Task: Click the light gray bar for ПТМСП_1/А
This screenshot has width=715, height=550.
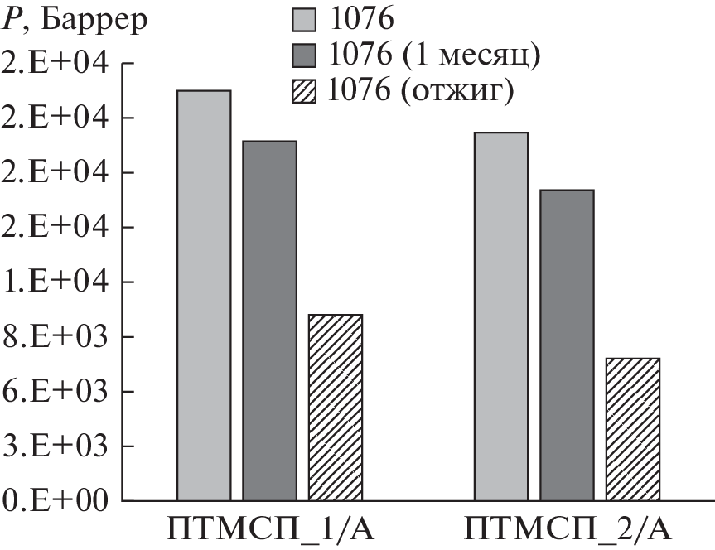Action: (x=204, y=296)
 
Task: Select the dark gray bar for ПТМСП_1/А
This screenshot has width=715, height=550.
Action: (x=270, y=321)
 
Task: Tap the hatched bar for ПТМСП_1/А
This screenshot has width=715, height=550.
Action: (x=336, y=408)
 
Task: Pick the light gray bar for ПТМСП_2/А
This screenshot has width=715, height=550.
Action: (x=501, y=316)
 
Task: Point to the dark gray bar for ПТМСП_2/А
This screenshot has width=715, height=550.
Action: (x=567, y=345)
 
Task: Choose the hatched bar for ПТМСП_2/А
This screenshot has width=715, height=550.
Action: (x=633, y=429)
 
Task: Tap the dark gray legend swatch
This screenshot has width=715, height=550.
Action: (x=305, y=54)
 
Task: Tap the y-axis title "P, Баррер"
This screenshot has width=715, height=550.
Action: (x=75, y=18)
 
